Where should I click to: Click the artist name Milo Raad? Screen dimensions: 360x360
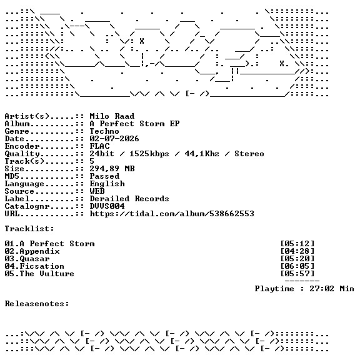[112, 116]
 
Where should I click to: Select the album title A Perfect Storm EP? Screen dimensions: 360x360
[134, 124]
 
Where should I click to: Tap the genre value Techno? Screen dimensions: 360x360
[104, 131]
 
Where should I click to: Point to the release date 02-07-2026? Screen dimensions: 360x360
[114, 139]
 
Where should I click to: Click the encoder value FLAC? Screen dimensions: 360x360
[99, 146]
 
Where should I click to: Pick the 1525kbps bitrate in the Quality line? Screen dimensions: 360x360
[149, 154]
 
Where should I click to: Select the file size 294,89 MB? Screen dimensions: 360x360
[112, 169]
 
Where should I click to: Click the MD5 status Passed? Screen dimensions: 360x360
[104, 176]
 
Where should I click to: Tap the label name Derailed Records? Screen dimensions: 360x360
[129, 199]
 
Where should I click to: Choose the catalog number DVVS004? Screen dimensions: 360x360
[107, 206]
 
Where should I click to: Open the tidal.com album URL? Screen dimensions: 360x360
[172, 214]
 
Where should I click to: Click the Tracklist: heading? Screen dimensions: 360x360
[29, 229]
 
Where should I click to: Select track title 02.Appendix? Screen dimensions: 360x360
[32, 251]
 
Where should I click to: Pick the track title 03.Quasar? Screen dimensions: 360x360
[27, 259]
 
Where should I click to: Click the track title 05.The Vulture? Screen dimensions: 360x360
[39, 274]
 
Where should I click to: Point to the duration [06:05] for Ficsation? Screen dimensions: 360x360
[297, 266]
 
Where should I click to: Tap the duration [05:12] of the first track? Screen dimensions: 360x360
[297, 244]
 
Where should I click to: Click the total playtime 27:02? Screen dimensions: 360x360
[322, 289]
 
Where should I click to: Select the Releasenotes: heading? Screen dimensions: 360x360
[37, 304]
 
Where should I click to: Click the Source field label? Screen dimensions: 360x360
[19, 191]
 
